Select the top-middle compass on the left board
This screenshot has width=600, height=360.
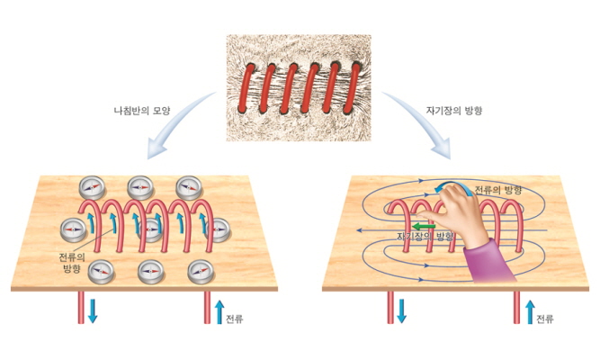point(140,188)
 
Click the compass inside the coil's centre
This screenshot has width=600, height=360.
point(151,229)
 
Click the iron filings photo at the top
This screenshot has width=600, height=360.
point(298,88)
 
